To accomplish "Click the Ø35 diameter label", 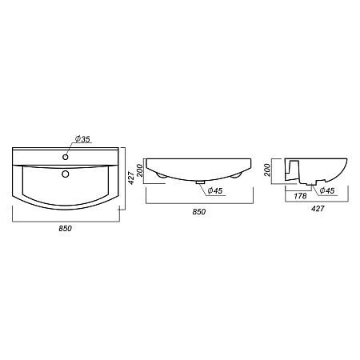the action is click(82, 139).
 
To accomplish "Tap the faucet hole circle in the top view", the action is click(66, 157).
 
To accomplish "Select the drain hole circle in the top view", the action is click(66, 174).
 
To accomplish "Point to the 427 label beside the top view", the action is click(131, 178).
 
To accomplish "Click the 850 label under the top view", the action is click(66, 229).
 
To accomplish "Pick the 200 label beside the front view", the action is click(140, 170).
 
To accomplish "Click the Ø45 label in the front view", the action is click(215, 190).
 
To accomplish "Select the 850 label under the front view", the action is click(199, 212).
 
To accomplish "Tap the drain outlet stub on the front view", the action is click(200, 182).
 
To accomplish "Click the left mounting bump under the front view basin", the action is click(161, 175).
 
